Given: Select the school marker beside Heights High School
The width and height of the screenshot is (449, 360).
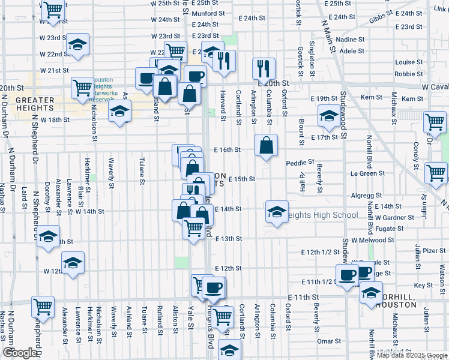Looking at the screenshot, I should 276,212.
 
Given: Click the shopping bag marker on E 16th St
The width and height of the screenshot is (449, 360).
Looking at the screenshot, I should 266,145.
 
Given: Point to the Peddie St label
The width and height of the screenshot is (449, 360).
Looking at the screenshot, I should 300,163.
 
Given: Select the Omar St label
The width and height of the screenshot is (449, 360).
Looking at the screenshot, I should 329,341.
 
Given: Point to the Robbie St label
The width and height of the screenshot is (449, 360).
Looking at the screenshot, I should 409,74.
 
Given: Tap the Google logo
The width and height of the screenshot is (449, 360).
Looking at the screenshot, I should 20,353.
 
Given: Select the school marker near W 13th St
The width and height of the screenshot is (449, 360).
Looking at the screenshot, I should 48,237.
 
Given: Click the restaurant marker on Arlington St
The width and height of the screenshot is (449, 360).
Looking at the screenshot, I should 264,68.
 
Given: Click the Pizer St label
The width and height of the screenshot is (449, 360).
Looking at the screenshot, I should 434,251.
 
